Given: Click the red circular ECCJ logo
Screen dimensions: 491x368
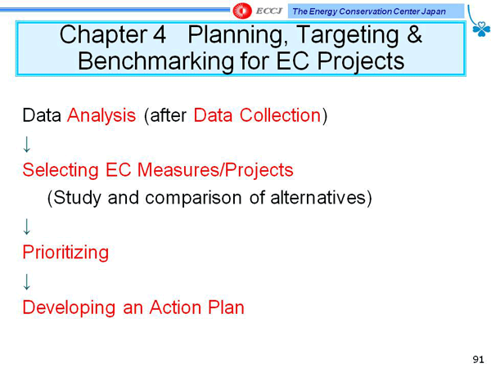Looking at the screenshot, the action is (241, 11).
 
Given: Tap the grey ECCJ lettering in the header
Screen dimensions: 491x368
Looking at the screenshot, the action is (269, 11).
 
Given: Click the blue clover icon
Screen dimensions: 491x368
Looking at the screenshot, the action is (481, 29).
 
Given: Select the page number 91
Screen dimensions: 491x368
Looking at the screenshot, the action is (478, 359).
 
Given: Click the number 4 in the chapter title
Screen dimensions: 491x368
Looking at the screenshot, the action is (160, 34).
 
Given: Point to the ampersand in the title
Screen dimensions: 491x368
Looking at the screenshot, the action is (414, 34).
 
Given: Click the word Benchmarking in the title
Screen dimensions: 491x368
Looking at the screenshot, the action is (155, 61).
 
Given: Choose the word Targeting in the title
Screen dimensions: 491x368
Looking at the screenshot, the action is (347, 36).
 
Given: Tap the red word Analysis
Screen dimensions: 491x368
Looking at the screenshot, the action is (101, 116).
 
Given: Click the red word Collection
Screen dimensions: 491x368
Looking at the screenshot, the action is (280, 114).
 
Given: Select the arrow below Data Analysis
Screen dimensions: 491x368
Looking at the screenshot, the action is (27, 144).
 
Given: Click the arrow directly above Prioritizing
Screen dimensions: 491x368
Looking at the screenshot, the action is (27, 227).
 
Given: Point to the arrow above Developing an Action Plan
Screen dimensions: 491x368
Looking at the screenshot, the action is (27, 281).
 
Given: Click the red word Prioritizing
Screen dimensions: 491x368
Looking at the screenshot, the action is (65, 253).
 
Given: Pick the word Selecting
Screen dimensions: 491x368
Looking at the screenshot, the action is (61, 171).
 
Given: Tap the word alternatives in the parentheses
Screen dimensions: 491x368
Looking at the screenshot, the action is (318, 197).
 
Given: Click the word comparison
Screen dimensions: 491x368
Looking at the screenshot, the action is (193, 199).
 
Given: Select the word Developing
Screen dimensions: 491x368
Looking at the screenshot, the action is (69, 308).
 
